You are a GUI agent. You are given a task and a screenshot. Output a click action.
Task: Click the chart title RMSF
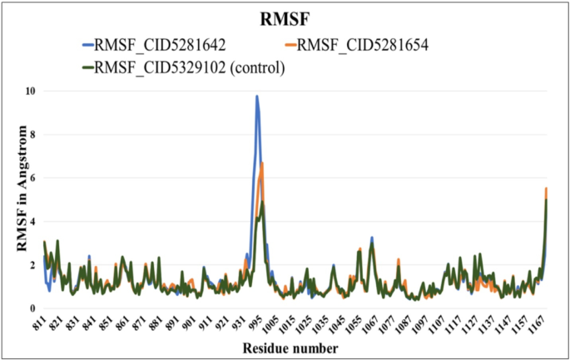tap(285, 18)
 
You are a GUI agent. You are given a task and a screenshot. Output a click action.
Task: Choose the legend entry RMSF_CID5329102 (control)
tap(191, 68)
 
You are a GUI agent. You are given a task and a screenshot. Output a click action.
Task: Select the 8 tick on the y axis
tap(31, 135)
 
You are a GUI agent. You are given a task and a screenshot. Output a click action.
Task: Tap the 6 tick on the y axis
tap(31, 178)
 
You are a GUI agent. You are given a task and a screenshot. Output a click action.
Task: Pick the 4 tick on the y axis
tap(31, 222)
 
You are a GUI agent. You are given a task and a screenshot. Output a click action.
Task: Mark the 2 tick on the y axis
tap(31, 265)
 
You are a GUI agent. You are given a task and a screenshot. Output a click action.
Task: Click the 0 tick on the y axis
tap(31, 308)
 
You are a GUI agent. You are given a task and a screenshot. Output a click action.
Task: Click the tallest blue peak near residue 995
tap(257, 96)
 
